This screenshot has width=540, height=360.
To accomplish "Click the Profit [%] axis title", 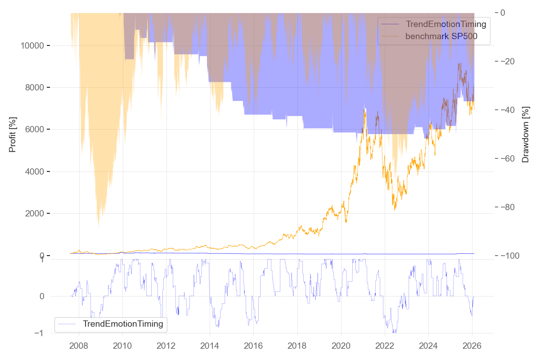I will pos(13,135).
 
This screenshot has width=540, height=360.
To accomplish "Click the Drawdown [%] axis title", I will pos(525,135).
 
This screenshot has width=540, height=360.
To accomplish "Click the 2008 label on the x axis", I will pos(79,346).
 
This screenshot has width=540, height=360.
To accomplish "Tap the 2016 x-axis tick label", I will pos(253,346).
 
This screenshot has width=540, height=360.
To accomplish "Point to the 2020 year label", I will pos(341,346).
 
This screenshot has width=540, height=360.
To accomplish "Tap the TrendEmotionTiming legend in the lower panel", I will pos(122,324).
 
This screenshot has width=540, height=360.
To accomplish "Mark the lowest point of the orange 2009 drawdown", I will pos(99,228).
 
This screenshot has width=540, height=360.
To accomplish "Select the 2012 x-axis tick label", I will pos(166,346).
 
